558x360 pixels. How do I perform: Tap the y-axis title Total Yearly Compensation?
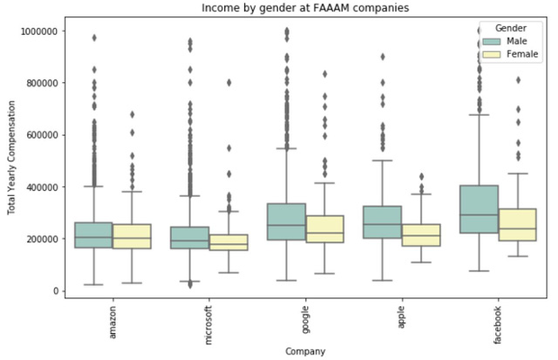click(11, 161)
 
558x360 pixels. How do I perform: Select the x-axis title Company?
click(304, 350)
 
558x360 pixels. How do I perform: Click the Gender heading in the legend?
click(510, 28)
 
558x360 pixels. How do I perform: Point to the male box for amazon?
click(94, 235)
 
